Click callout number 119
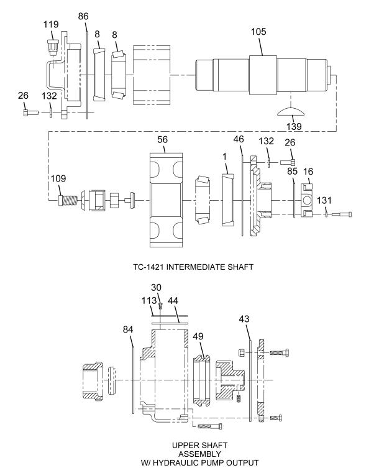(50, 25)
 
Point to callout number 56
(163, 140)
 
